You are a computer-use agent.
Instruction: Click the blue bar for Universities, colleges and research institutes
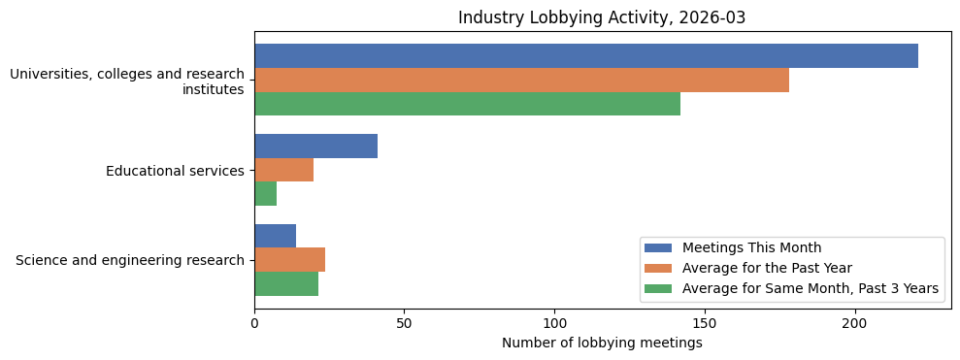586,56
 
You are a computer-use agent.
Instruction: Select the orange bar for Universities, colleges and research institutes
521,81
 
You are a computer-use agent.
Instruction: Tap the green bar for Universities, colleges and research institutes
467,104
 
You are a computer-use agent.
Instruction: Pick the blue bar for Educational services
315,147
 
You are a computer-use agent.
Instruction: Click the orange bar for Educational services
283,170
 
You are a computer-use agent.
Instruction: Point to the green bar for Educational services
265,194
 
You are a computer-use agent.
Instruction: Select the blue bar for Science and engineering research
275,236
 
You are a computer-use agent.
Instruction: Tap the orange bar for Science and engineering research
289,260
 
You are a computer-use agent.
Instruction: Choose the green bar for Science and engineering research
286,283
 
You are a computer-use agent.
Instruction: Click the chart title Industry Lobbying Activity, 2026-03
602,17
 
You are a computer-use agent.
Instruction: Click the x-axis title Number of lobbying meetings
602,343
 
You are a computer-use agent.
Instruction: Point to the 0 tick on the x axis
254,323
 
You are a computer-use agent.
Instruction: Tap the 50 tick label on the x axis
405,323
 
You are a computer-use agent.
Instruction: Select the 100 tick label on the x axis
554,323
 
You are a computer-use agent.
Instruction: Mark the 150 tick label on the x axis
705,323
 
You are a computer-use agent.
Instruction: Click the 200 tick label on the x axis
855,323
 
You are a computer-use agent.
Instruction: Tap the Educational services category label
175,171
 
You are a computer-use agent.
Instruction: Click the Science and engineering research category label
130,260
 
